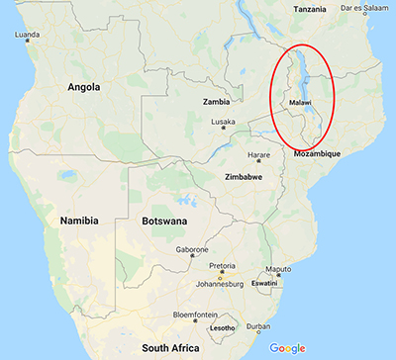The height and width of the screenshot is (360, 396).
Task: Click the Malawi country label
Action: point(301,103)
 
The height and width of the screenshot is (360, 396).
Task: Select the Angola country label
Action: point(83,87)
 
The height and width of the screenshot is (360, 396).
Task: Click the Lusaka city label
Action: point(223,122)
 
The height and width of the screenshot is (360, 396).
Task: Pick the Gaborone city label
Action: point(192,249)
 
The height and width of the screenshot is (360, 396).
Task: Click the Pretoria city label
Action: point(221,265)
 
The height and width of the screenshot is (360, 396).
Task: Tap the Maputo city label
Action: point(278,269)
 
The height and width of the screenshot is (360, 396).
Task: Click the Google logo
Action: point(287,347)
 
